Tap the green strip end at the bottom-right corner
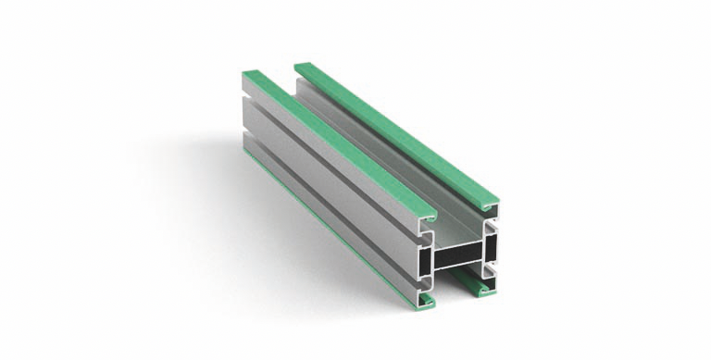[483, 289]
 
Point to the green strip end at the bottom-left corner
[426, 301]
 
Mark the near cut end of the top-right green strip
[488, 202]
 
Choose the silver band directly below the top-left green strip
[333, 157]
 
